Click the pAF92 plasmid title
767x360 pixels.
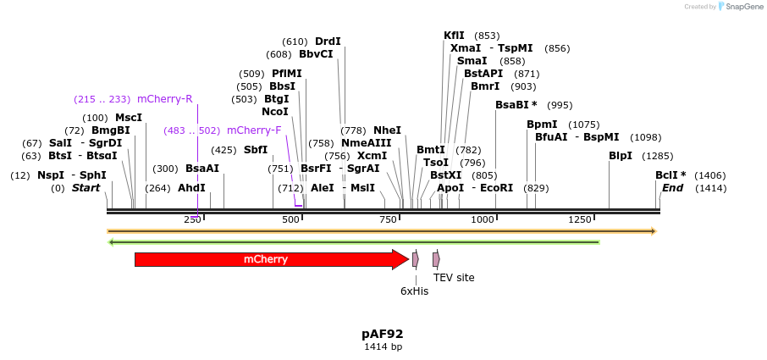point(383,334)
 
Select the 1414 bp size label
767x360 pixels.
point(383,346)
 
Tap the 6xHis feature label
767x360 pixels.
point(415,291)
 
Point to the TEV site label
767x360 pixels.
point(454,277)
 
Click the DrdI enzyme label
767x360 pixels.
point(328,42)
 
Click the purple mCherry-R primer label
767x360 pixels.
point(164,99)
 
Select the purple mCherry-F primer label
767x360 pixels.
point(254,130)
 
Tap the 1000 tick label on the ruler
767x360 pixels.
point(483,220)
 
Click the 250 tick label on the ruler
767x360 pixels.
point(192,220)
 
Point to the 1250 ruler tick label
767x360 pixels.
point(580,220)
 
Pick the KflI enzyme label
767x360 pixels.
point(455,36)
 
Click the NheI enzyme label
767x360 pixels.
point(387,130)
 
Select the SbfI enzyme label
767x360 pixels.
point(256,150)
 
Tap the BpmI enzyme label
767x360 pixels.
point(542,125)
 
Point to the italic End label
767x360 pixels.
point(672,188)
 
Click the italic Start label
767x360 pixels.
point(86,188)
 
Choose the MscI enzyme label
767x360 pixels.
point(129,118)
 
